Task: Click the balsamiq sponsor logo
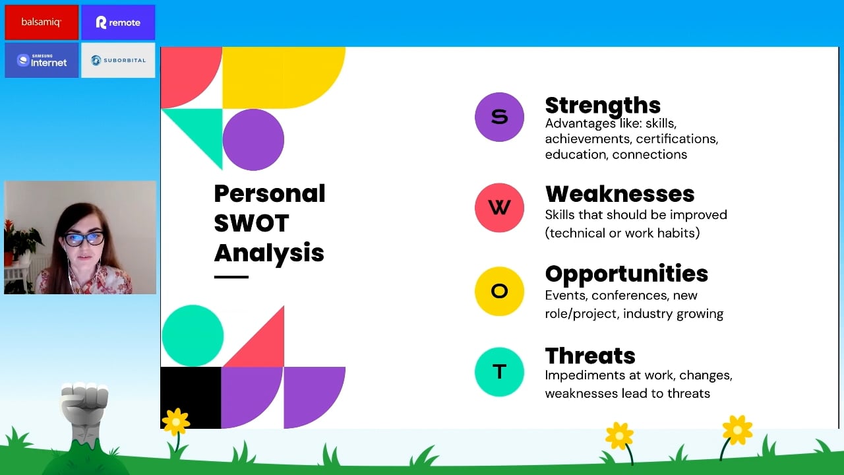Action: point(42,22)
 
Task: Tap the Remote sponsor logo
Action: point(118,22)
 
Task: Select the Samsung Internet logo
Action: point(42,60)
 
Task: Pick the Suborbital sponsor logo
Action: point(118,60)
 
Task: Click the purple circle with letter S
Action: point(499,117)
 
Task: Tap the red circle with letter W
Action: point(499,208)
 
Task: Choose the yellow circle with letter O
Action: point(499,292)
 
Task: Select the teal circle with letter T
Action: point(499,372)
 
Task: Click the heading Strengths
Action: point(603,106)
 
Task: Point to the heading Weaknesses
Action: point(620,194)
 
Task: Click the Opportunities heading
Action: point(626,274)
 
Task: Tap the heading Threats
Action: point(590,356)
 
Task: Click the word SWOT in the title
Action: point(251,223)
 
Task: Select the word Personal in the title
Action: point(270,193)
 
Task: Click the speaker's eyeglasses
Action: point(84,239)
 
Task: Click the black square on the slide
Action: point(191,398)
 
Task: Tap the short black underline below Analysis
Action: point(231,277)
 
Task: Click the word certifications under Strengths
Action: point(677,139)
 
